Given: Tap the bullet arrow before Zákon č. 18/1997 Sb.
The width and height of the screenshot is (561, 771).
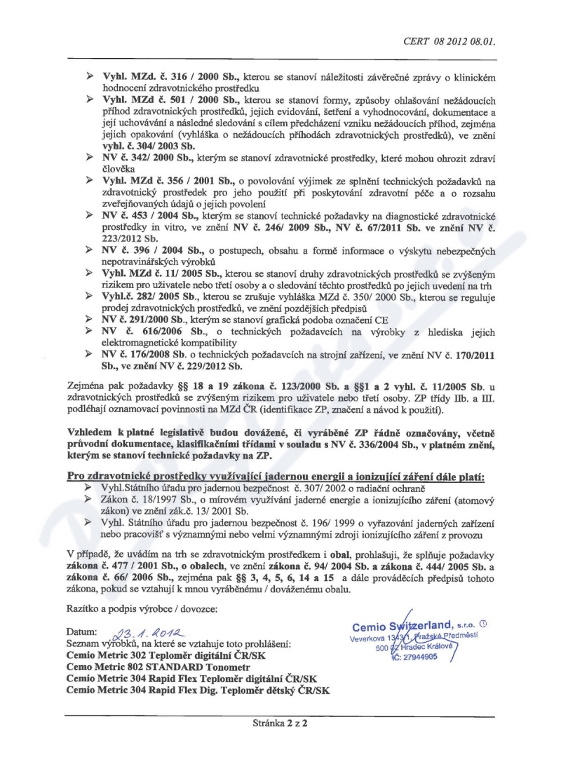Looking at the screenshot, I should (x=88, y=498).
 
